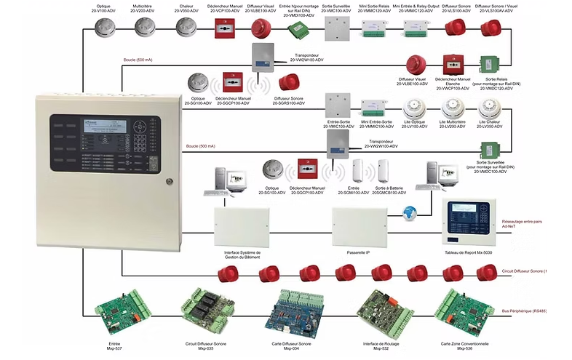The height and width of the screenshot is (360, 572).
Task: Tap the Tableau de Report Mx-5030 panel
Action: tap(469, 221)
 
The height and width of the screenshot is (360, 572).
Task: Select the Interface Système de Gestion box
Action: tap(243, 226)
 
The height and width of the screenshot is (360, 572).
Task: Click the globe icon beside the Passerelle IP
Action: tap(409, 212)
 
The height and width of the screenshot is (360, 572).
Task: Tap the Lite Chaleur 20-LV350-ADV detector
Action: tap(488, 108)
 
